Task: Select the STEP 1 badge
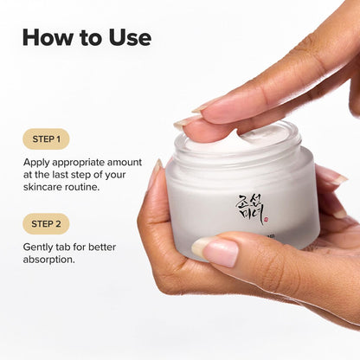coord(46,138)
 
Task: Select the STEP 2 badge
coord(46,223)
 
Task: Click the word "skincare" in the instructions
coord(46,187)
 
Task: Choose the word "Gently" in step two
coord(41,246)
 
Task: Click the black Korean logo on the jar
coord(249,208)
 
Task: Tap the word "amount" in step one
coord(139,161)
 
